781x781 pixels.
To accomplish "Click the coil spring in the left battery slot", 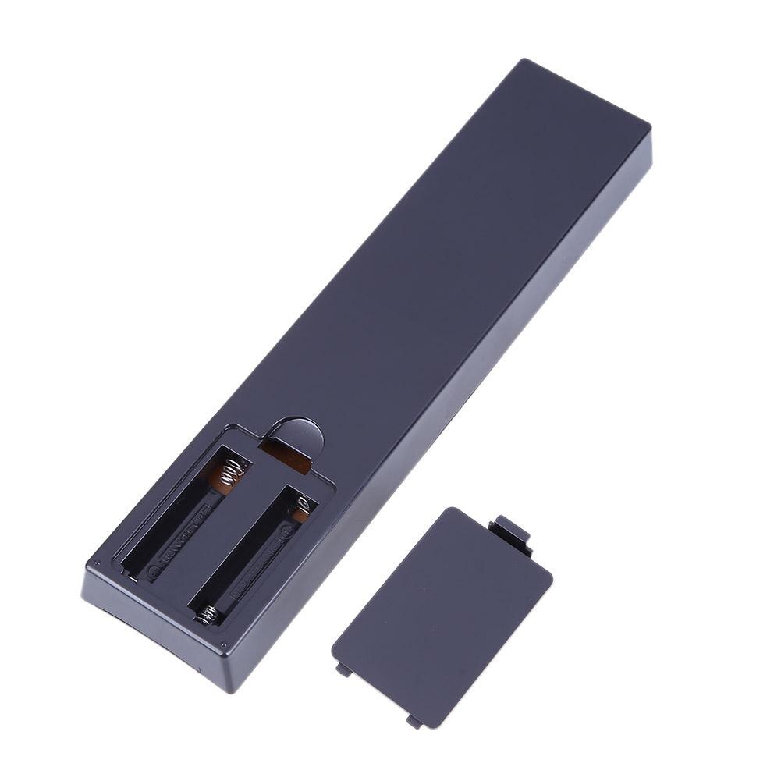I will [231, 473].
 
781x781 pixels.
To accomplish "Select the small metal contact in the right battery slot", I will [301, 509].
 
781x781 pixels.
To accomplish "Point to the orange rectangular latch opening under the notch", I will [286, 457].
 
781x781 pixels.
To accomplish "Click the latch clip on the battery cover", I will [510, 532].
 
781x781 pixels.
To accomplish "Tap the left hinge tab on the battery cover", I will [343, 669].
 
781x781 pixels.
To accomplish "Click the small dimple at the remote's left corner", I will [97, 564].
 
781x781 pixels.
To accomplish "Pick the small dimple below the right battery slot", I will [224, 644].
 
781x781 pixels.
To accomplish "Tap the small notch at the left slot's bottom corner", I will [126, 573].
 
